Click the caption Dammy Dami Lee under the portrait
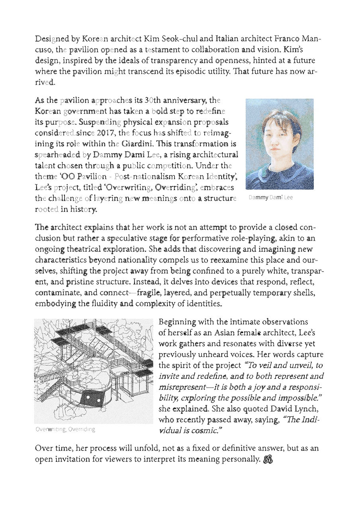[x=270, y=198]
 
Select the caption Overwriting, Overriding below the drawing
[x=65, y=429]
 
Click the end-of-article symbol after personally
[x=268, y=460]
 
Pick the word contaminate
[x=57, y=293]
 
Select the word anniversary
[x=182, y=100]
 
